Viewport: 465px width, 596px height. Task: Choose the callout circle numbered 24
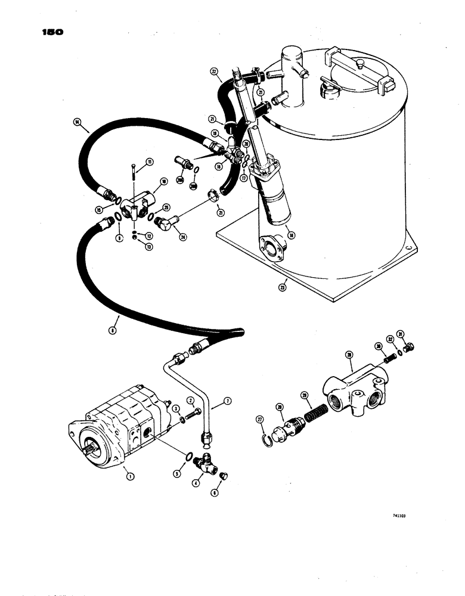pyautogui.click(x=182, y=237)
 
